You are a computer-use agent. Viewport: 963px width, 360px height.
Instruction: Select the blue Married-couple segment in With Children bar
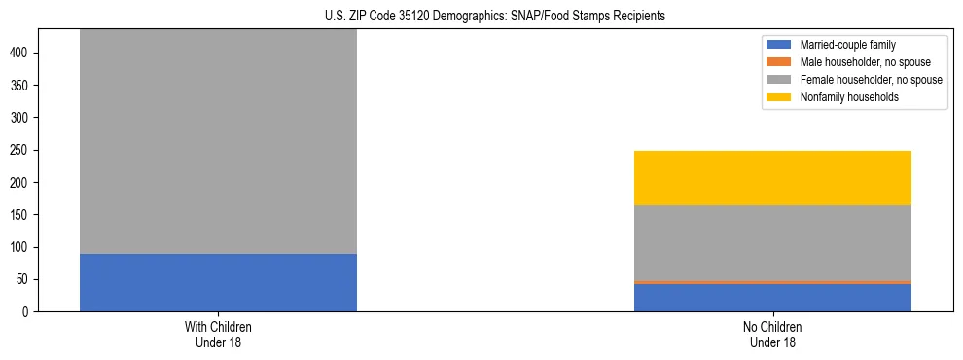(x=218, y=282)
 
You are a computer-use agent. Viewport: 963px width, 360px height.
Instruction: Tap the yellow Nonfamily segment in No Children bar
(x=772, y=178)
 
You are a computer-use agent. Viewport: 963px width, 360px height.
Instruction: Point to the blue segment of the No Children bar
(x=772, y=298)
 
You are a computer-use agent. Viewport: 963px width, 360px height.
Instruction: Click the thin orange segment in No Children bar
(x=772, y=282)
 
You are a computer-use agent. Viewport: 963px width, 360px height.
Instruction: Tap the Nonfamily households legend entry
(x=848, y=97)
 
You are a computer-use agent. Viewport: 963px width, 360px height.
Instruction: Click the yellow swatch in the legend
(x=779, y=97)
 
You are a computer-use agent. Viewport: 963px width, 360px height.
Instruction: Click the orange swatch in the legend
(x=779, y=62)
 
